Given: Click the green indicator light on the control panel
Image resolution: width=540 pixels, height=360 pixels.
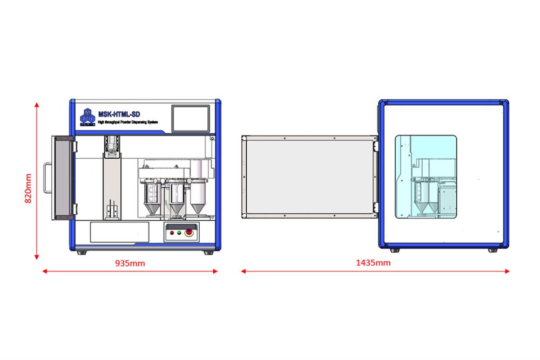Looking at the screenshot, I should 172,233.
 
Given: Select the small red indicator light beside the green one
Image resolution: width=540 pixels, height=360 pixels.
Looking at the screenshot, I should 179,233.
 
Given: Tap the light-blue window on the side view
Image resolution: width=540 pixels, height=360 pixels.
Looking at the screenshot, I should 426,176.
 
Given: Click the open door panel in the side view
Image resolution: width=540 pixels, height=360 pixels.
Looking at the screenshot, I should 308,176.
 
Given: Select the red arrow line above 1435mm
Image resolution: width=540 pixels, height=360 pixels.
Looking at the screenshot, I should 375,271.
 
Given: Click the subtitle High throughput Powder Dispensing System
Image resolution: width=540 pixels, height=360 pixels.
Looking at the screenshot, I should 128,123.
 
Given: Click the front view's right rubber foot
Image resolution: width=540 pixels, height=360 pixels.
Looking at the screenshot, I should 207,252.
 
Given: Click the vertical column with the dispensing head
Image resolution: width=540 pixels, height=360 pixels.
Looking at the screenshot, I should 113,179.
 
